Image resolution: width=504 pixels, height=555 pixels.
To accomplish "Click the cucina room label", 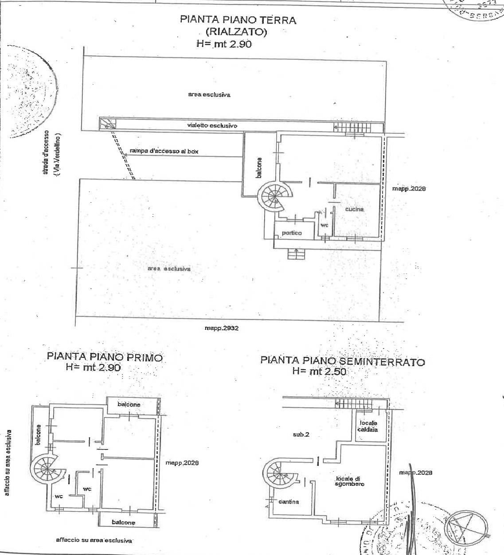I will pos(354,209).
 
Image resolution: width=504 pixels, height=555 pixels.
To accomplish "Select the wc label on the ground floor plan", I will pos(325,225).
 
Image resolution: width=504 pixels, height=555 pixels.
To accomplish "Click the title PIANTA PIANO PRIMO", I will pos(105,357).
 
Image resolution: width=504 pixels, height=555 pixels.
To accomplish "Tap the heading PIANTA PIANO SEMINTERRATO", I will pos(342,361).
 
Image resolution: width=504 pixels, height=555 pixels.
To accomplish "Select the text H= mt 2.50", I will pos(319,371).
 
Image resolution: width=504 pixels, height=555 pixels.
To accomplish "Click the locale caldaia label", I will pos(368,426).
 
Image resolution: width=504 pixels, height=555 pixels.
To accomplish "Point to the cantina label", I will pos(289,501).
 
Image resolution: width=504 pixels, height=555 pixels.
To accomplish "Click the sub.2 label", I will pos(301,434).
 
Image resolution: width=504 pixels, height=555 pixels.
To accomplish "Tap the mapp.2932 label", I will pos(221,328).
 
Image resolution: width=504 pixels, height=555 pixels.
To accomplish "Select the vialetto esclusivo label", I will pos(212,126).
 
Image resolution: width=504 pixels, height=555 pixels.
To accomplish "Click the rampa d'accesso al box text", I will pos(164,151).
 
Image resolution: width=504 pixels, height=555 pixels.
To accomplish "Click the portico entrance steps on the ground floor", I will pos(294,254).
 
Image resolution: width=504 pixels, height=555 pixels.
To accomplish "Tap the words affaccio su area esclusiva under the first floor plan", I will pos(94,540).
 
